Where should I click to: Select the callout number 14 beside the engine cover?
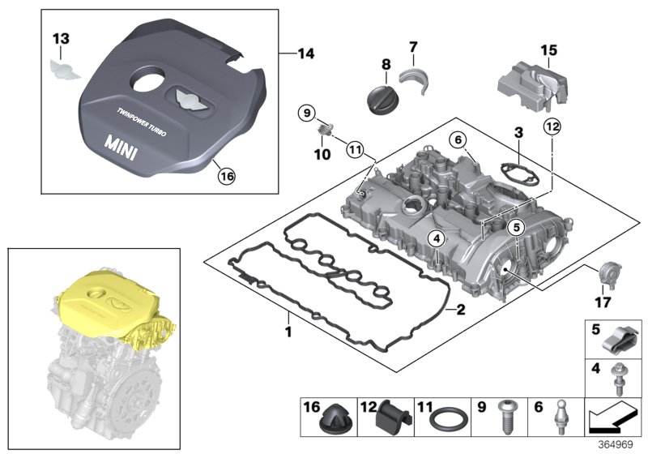(x=306, y=54)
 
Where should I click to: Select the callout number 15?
(x=549, y=50)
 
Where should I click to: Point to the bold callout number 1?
(x=288, y=332)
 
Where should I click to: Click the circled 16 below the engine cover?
(x=226, y=173)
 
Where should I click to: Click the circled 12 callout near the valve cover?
(x=552, y=126)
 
